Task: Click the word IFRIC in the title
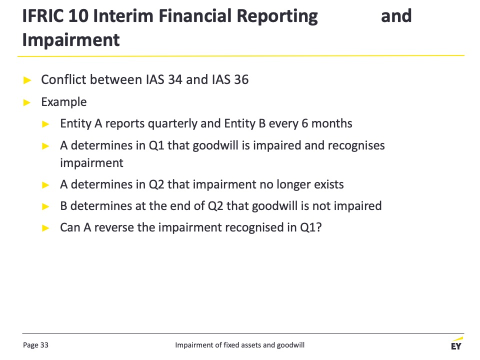(43, 16)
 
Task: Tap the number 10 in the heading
(78, 16)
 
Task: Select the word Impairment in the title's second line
(71, 40)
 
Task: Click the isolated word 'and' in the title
(396, 16)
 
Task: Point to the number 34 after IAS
(175, 79)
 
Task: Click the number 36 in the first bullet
(241, 79)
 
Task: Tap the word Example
(64, 102)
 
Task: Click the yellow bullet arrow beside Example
(27, 102)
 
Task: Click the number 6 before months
(304, 123)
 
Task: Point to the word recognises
(356, 145)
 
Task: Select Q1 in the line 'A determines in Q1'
(156, 145)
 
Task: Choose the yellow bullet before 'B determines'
(45, 206)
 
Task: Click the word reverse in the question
(114, 228)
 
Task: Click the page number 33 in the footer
(44, 345)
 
